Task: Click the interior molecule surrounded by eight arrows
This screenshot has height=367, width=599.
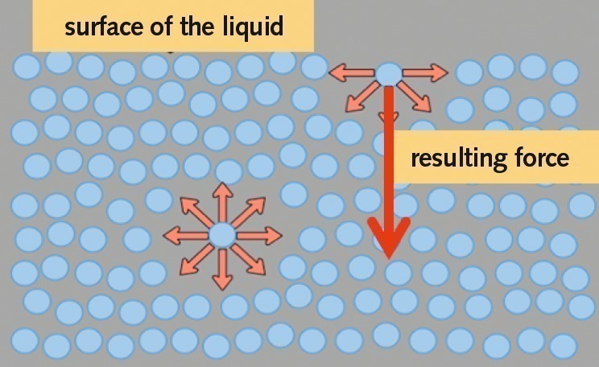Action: (x=222, y=235)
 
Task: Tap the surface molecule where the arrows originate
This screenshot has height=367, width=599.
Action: (x=388, y=73)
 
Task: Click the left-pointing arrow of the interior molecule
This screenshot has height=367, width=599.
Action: (x=184, y=236)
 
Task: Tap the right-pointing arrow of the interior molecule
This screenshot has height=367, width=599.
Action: (x=261, y=235)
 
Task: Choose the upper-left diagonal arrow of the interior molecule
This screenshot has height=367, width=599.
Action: (x=196, y=209)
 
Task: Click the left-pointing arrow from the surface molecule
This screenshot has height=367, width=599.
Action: (x=353, y=73)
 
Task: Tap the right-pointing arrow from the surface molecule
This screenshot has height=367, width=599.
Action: (x=424, y=73)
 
